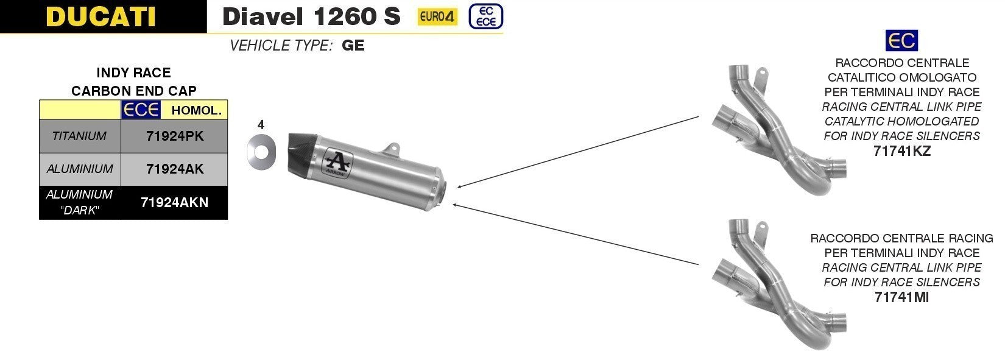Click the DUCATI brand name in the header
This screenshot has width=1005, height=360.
coord(100,16)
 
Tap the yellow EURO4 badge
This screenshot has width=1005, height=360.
coord(437,17)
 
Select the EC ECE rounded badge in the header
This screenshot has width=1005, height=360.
coord(486,16)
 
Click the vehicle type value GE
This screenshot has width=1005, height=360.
coord(353,45)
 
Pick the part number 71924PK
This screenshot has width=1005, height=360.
coord(175,136)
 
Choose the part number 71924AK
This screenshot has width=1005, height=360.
coord(175,169)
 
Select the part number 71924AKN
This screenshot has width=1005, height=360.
coord(175,202)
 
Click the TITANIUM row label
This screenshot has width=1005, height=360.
coord(79,136)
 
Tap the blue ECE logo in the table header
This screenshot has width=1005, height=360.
coord(141,110)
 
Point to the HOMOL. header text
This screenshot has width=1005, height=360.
coord(197,110)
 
